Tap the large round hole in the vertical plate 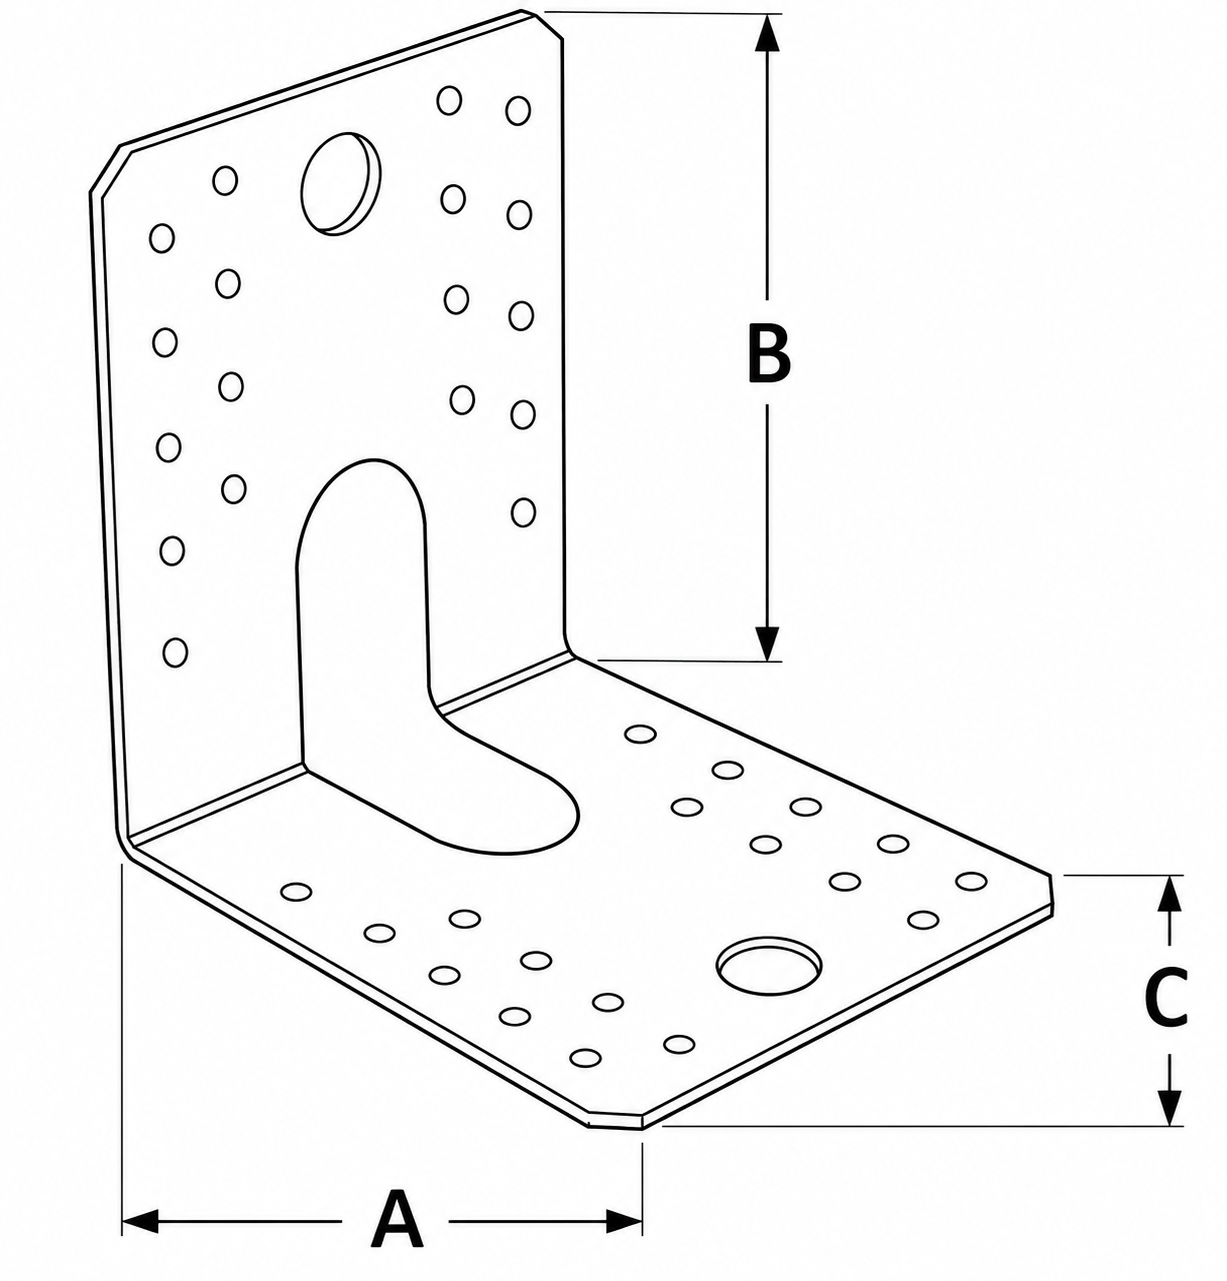click(340, 183)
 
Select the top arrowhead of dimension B click(767, 33)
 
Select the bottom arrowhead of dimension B click(767, 643)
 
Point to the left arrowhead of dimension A click(140, 1221)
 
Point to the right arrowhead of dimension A click(623, 1221)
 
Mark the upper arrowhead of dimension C click(1169, 893)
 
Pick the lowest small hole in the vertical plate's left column click(175, 652)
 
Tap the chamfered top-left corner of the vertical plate click(105, 169)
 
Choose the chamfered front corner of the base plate click(614, 1122)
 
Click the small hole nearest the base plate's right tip click(972, 880)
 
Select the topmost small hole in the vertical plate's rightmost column click(518, 111)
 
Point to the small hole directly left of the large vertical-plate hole click(225, 180)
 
